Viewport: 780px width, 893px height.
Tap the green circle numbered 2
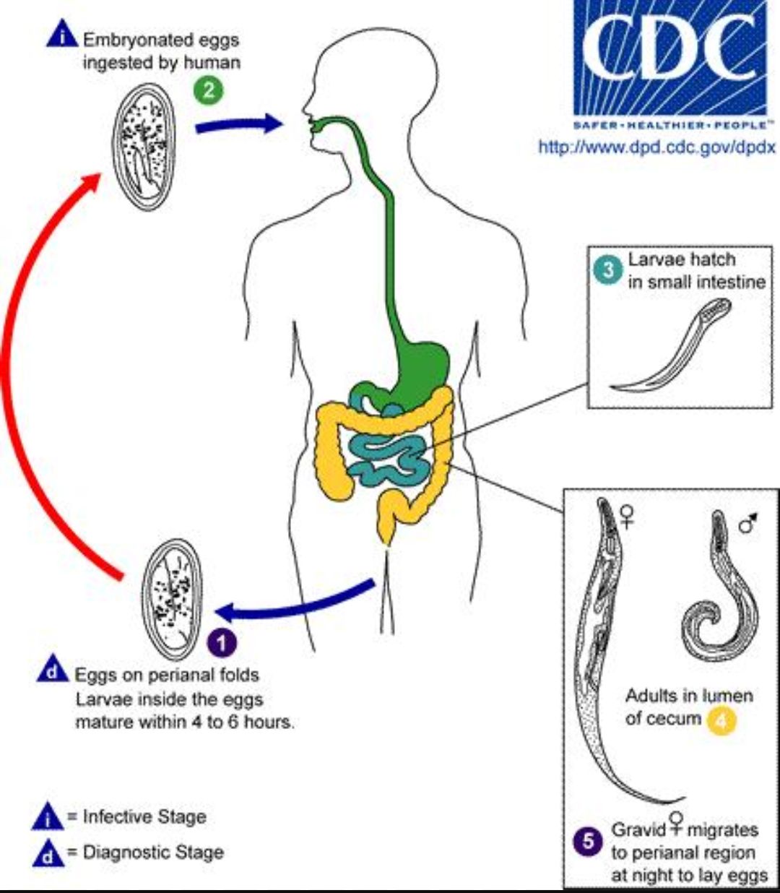pos(209,90)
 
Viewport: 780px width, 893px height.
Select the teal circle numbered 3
pos(607,269)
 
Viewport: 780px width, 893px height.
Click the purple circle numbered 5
pos(588,841)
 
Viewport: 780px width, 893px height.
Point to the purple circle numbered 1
pos(222,643)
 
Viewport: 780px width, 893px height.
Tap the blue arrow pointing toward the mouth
pos(238,125)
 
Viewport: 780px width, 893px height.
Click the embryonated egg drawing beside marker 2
pos(144,147)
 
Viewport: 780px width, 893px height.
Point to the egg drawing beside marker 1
pos(173,600)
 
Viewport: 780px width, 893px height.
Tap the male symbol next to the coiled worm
pos(748,523)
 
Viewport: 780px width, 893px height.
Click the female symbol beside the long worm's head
pos(627,517)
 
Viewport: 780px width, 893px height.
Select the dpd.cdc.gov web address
pos(657,147)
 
